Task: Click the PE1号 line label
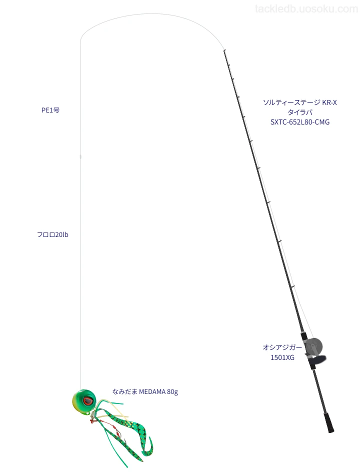click(50, 110)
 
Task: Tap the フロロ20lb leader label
click(52, 234)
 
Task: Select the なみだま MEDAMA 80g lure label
click(145, 391)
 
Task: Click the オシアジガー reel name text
click(282, 347)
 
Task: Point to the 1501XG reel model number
click(282, 357)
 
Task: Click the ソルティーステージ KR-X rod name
click(299, 102)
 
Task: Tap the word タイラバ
click(299, 112)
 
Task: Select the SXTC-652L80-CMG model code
click(299, 122)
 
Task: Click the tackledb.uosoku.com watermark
click(306, 9)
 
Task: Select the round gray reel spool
click(314, 346)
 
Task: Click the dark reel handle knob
click(319, 360)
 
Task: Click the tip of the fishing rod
click(224, 50)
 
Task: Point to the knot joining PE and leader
click(80, 156)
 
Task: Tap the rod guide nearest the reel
click(293, 286)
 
